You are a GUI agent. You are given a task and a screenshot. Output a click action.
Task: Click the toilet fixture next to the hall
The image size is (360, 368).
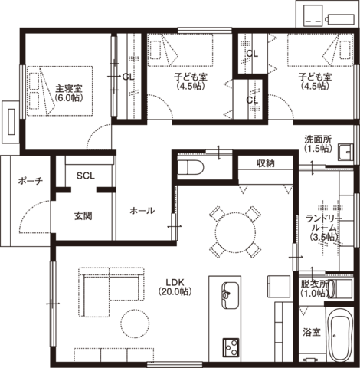(x=191, y=167)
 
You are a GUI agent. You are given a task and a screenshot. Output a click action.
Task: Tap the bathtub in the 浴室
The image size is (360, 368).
(x=340, y=335)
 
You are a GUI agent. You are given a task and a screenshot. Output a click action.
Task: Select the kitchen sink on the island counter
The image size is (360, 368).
(x=230, y=295)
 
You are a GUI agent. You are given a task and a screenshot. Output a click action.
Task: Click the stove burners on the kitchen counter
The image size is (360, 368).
(x=231, y=347)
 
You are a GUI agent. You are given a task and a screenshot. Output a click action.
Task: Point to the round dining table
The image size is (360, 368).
(x=235, y=233)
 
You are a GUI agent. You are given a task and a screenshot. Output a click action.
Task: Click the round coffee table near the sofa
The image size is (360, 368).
(x=135, y=323)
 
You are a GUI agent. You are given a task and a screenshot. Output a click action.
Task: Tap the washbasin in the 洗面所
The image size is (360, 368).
(x=345, y=153)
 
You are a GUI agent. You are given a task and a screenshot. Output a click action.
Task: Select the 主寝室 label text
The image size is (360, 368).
(x=69, y=89)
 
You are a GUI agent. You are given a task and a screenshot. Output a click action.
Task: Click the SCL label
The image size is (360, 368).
(x=86, y=176)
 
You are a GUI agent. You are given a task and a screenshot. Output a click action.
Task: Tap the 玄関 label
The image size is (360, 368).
(x=83, y=216)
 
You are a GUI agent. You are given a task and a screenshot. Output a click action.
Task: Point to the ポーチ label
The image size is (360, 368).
(x=31, y=181)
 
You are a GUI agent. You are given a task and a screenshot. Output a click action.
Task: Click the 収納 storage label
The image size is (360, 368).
(x=266, y=163)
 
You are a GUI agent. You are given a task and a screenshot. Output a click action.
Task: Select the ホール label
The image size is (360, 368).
(x=142, y=211)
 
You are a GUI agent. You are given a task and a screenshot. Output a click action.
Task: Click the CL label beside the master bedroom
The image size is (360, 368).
(x=128, y=77)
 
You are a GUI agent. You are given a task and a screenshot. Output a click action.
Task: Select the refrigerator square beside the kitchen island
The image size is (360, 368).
(x=279, y=287)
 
